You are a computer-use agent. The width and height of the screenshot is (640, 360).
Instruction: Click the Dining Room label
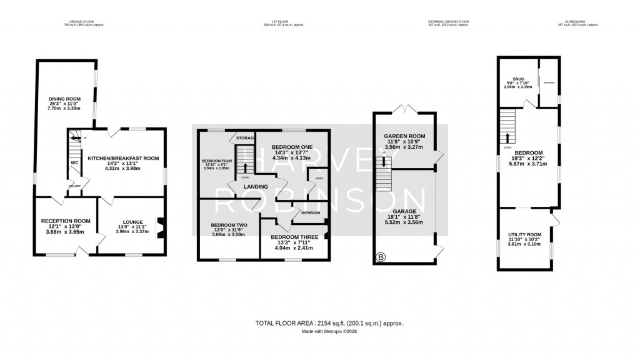point(66,99)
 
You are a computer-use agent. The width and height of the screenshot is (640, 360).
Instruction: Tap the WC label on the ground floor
point(74,162)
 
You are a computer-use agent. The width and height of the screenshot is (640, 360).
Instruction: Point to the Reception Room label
point(66,221)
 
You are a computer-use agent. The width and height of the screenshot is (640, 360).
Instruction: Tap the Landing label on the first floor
point(256,186)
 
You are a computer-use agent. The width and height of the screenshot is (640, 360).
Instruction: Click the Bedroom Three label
point(293,237)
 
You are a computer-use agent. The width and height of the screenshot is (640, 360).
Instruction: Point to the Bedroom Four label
point(216,161)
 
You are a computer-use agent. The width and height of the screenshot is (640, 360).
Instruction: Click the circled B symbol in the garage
point(379,257)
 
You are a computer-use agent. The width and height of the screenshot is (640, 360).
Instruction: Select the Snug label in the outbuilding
point(518,79)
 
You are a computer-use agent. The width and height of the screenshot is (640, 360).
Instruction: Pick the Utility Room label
point(524,234)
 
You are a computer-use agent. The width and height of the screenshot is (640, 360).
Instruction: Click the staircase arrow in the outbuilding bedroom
point(508,137)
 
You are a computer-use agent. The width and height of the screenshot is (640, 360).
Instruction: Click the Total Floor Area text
point(329,323)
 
